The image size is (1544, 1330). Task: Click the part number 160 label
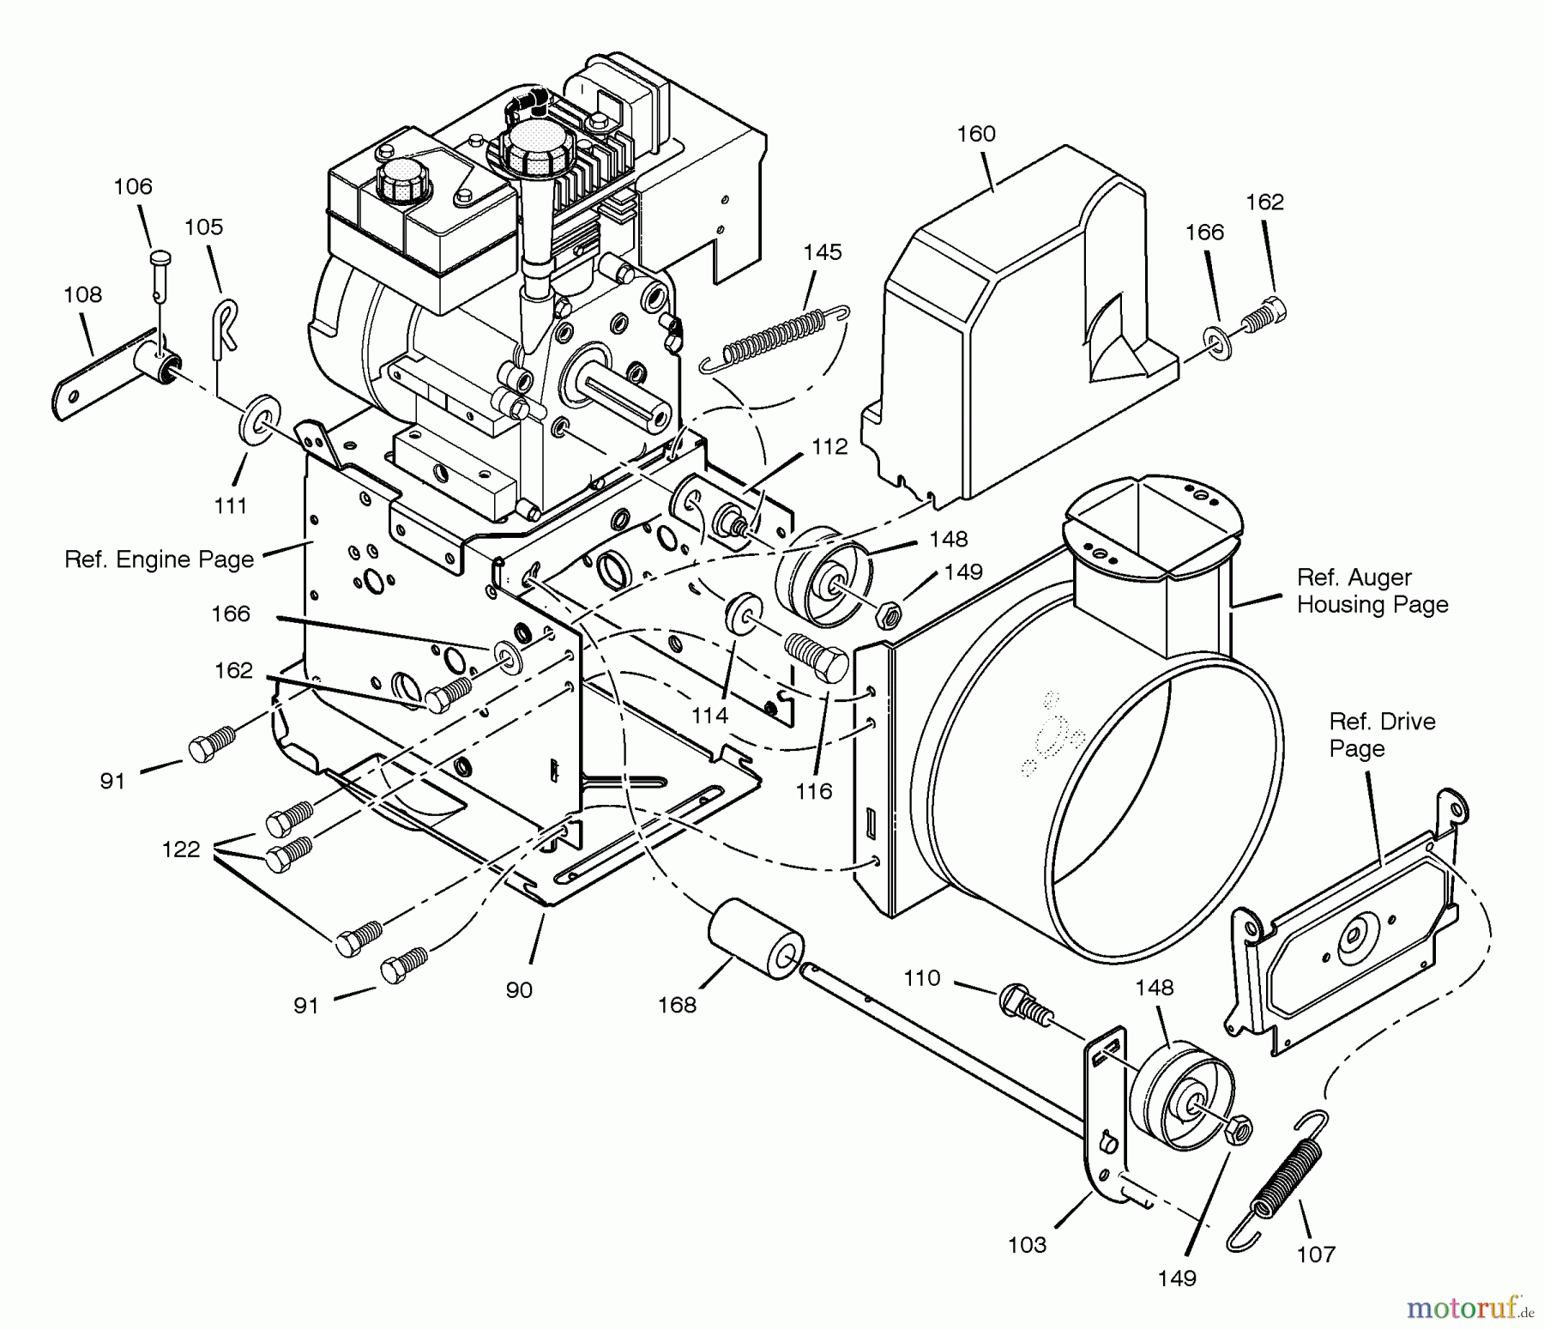[976, 134]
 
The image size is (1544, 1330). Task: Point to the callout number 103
[1027, 1245]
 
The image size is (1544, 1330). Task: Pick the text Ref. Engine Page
[160, 559]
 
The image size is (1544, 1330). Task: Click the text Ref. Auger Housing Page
[1372, 591]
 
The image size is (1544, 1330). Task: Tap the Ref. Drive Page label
[1381, 735]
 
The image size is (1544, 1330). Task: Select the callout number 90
[519, 990]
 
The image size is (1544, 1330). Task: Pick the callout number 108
[82, 295]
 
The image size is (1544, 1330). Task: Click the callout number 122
[181, 849]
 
